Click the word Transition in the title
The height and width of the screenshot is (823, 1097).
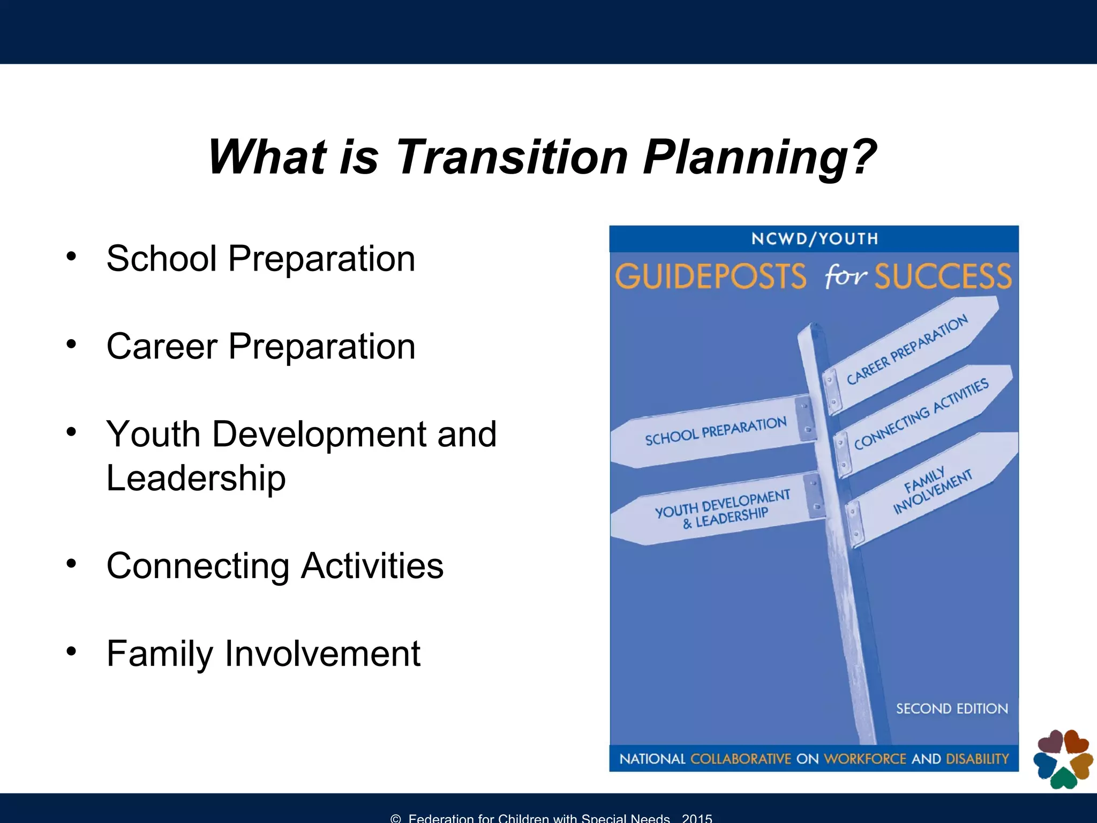(x=512, y=157)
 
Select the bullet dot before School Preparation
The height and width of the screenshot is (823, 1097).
(x=71, y=257)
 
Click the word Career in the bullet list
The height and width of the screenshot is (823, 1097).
(x=161, y=346)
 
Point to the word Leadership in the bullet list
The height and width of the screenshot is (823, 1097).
(x=196, y=478)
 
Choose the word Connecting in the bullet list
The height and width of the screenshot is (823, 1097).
(x=198, y=566)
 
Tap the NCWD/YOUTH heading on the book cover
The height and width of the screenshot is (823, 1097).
(x=814, y=239)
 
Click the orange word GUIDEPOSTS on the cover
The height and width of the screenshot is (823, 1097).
(x=710, y=276)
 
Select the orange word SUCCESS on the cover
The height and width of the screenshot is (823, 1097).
(x=943, y=276)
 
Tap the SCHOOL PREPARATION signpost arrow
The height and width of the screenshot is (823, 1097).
(x=715, y=431)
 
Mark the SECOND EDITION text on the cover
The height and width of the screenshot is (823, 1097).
(x=952, y=709)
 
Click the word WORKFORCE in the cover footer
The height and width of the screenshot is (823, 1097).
(x=865, y=759)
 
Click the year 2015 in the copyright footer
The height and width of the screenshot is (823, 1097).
(x=697, y=818)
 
